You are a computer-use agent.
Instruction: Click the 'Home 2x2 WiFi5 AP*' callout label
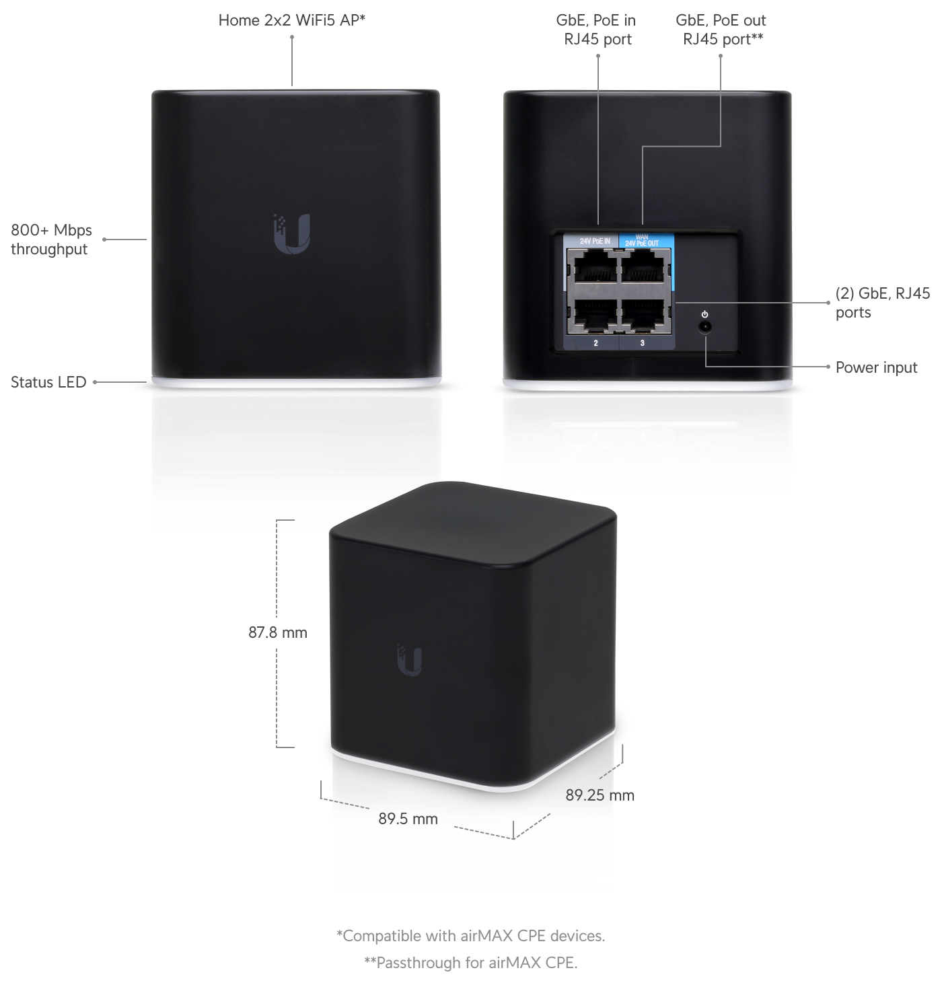(x=292, y=20)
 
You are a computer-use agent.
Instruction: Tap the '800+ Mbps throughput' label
(x=51, y=240)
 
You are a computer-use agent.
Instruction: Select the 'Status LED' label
(x=48, y=382)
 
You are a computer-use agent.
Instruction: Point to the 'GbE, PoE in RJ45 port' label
(x=596, y=30)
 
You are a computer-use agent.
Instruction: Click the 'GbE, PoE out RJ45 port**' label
(x=721, y=30)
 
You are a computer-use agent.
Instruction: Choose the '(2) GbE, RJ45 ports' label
(x=883, y=303)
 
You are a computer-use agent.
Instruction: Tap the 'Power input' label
(x=876, y=367)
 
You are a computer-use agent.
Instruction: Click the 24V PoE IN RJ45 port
(x=595, y=268)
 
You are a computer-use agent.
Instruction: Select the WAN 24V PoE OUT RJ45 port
(x=645, y=268)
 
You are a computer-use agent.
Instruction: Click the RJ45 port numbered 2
(x=595, y=315)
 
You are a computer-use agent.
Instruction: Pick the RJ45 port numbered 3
(x=645, y=315)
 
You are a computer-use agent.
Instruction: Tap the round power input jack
(x=705, y=328)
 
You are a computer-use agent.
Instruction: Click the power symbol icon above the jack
(x=705, y=314)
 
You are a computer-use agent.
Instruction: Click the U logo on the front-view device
(x=292, y=234)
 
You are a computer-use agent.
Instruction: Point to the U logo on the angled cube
(x=409, y=659)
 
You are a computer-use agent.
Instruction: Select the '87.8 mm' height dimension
(x=278, y=632)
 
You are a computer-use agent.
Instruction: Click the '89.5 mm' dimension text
(x=408, y=819)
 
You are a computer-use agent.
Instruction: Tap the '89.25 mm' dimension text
(x=600, y=795)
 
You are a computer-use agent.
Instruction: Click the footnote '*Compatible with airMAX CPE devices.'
(x=470, y=936)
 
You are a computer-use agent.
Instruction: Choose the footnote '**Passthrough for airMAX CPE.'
(x=470, y=963)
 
